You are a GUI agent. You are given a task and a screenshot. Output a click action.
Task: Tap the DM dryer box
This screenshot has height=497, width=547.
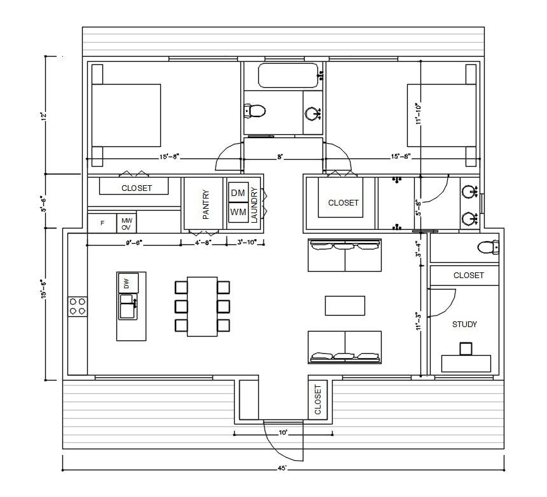[x=238, y=193]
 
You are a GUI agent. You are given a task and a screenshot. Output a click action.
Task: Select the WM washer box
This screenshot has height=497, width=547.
[x=238, y=212]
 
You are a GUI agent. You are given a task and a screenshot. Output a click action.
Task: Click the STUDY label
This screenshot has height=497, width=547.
[x=464, y=324]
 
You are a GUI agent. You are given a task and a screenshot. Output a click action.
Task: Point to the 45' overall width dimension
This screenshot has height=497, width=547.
[x=282, y=468]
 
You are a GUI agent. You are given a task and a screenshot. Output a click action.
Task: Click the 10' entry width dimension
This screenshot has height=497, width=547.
[x=284, y=433]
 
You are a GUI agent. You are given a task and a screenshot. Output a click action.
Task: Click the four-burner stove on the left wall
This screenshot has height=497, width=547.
[x=78, y=306]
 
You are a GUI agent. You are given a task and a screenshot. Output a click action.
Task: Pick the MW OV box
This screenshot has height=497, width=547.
[x=127, y=223]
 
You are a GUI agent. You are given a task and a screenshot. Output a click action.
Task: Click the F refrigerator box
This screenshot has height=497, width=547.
[x=102, y=223]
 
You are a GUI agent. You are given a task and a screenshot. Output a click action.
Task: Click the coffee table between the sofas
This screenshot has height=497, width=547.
[x=345, y=305]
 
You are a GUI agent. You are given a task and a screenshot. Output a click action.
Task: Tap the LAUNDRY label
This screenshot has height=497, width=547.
[x=254, y=204]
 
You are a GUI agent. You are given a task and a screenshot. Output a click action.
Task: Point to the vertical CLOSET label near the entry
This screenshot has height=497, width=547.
[x=317, y=399]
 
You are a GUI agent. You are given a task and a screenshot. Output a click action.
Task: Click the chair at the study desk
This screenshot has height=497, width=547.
[x=466, y=348]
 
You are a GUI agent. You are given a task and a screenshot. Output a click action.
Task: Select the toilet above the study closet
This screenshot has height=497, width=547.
[x=487, y=246]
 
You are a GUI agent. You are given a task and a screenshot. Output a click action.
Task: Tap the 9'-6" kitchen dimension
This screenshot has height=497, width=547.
[x=133, y=242]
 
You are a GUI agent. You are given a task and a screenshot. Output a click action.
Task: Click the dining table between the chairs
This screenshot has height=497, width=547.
[x=202, y=306]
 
